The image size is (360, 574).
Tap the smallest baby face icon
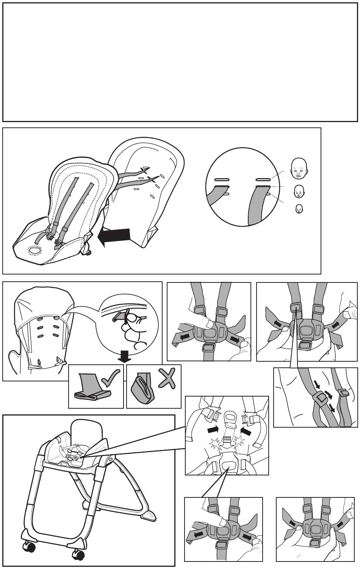(299, 209)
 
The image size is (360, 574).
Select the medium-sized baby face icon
(299, 191)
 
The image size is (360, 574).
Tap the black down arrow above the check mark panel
(124, 356)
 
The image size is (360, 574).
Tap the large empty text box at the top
(180, 62)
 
